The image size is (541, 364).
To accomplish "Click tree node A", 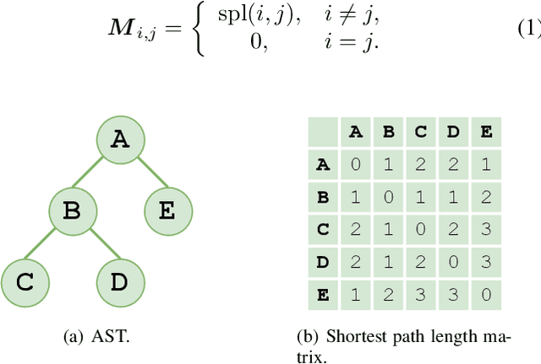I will (x=121, y=140).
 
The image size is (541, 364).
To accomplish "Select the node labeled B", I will (x=73, y=210).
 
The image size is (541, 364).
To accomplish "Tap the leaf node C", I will (x=25, y=281).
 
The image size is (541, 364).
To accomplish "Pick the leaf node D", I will (x=120, y=281).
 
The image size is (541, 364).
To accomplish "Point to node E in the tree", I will (x=167, y=210).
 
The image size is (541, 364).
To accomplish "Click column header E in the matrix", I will (x=485, y=132).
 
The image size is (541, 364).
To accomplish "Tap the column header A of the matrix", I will (x=355, y=132).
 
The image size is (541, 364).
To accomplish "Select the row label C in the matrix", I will (x=322, y=230).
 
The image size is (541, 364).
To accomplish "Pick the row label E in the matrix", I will (x=322, y=295).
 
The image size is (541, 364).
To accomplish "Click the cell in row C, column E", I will (x=485, y=230).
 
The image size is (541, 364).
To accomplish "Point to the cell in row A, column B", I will (x=388, y=165).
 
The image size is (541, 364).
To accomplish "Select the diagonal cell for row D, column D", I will (x=453, y=263).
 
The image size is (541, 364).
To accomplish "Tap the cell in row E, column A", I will (x=355, y=295).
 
